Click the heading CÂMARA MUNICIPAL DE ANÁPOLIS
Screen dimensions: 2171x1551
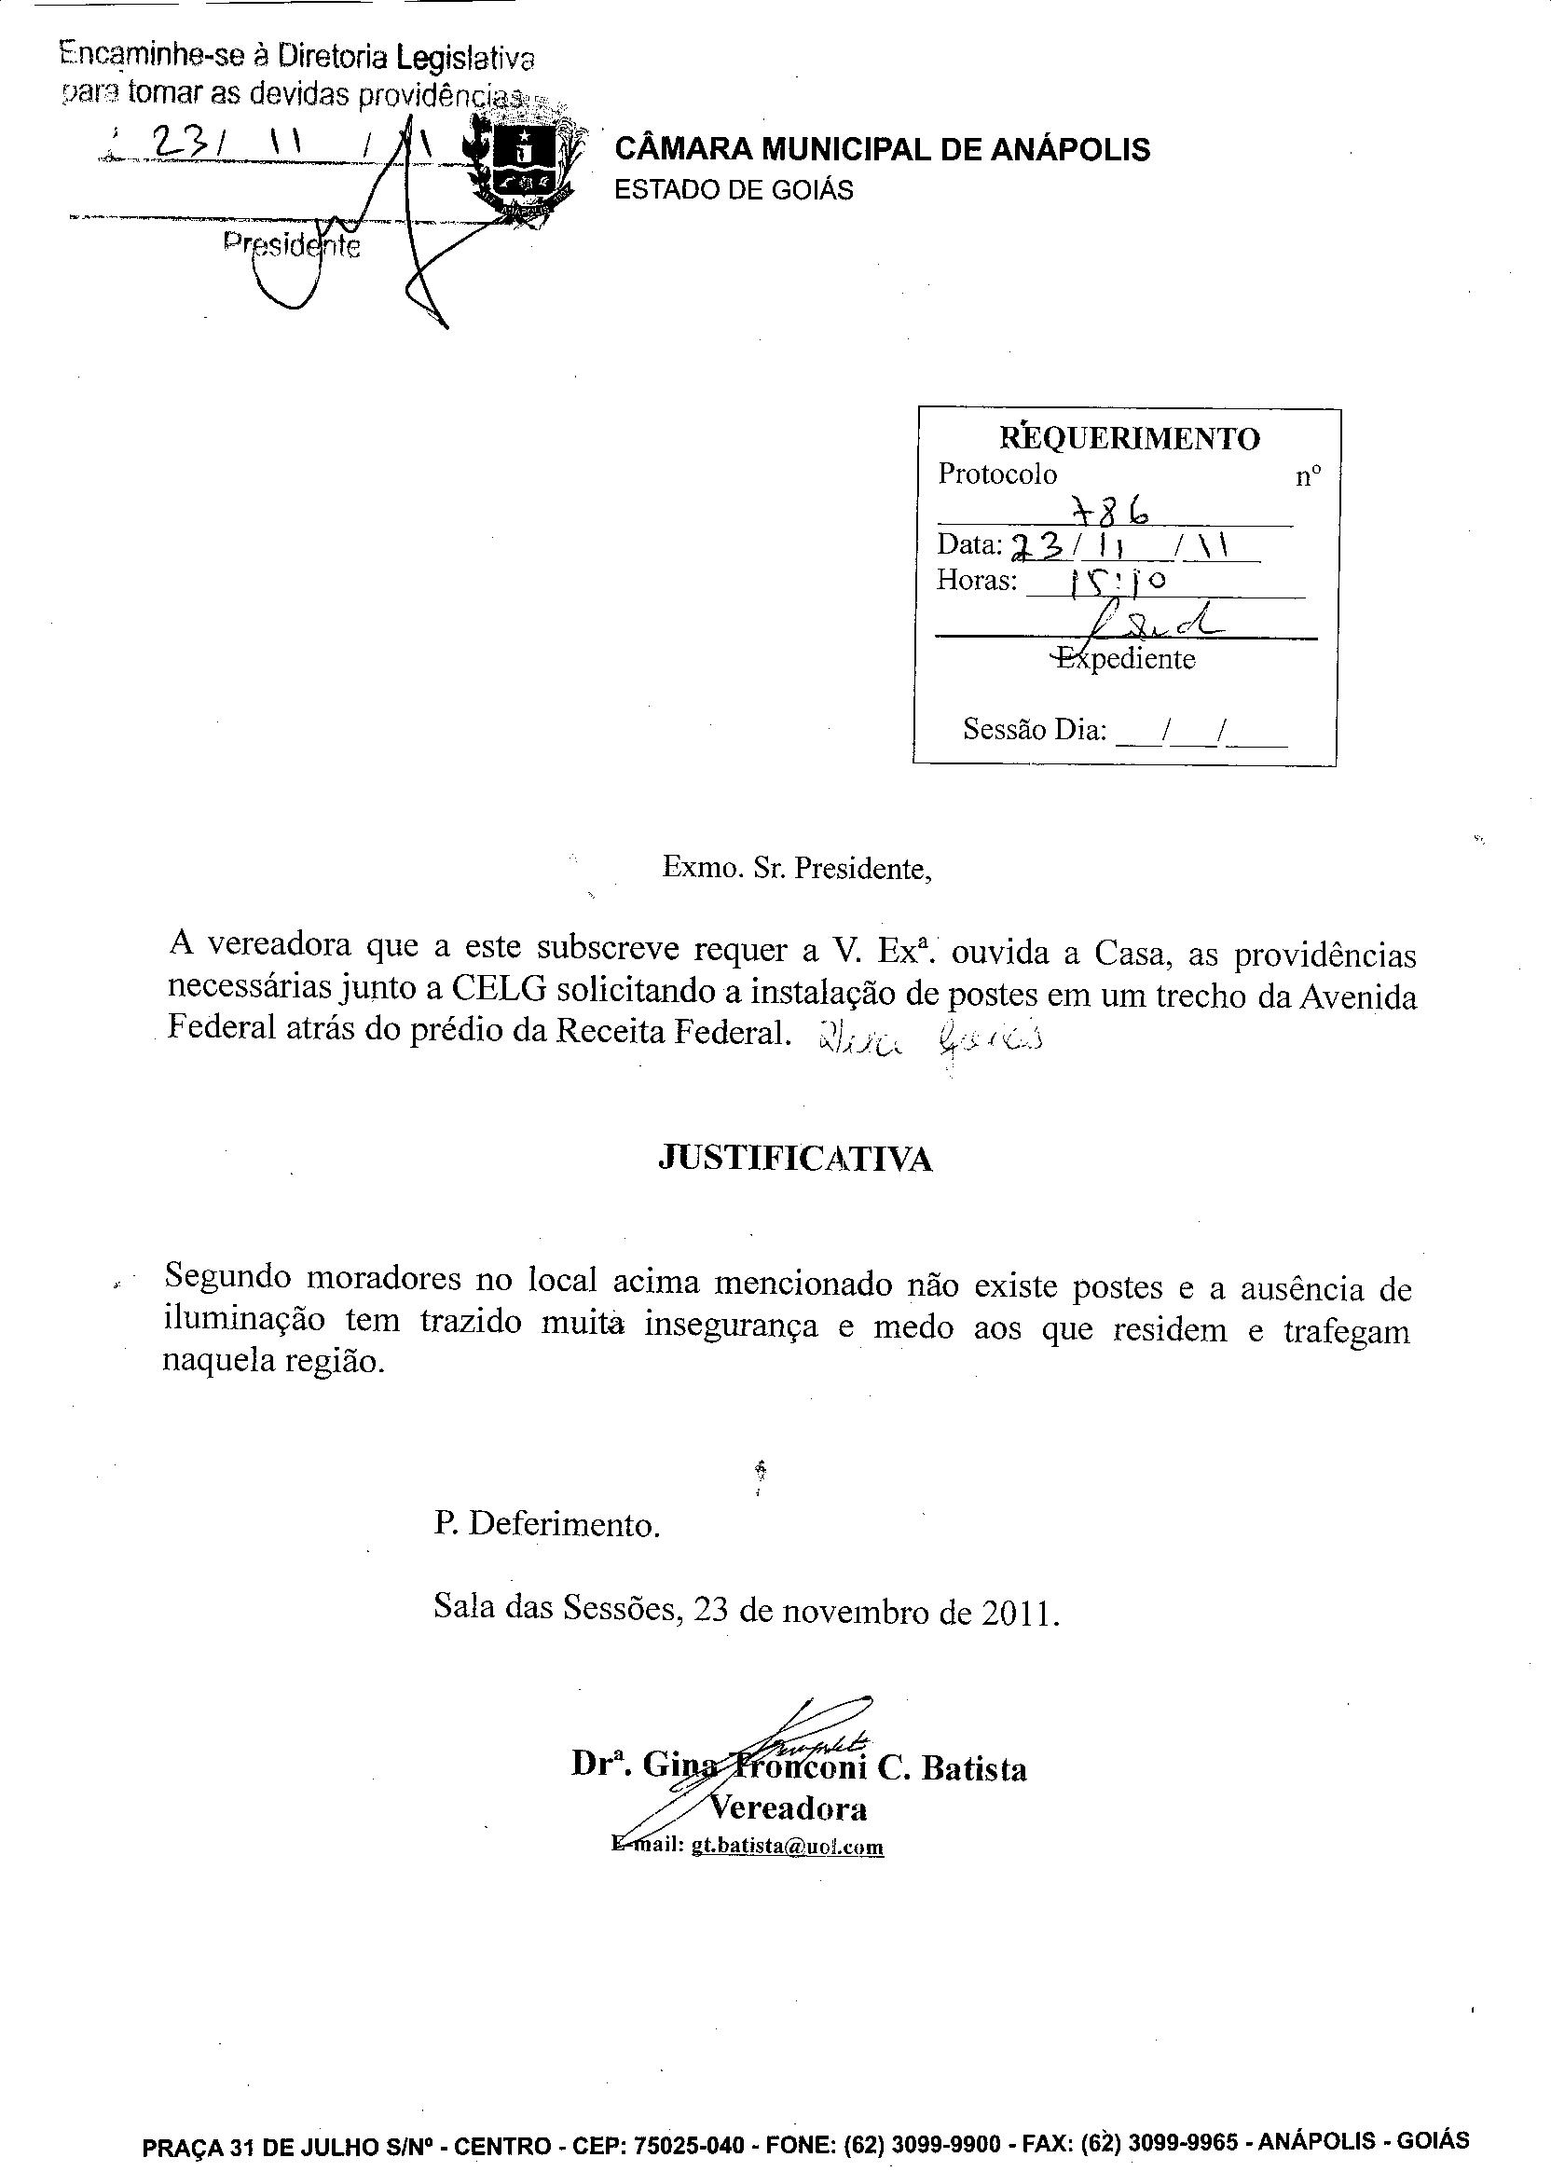click(882, 150)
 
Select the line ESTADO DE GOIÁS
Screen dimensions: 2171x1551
click(733, 190)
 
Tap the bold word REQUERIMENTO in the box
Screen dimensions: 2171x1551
click(1129, 438)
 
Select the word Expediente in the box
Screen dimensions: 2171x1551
click(1127, 659)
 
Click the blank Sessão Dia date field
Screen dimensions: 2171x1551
click(1201, 732)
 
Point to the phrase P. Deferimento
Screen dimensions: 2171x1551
click(546, 1523)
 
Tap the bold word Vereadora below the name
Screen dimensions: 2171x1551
click(788, 1808)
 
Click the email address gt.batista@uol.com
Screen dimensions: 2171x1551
click(787, 1847)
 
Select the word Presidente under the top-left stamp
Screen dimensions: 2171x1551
click(293, 245)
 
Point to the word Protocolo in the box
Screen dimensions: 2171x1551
click(997, 474)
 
